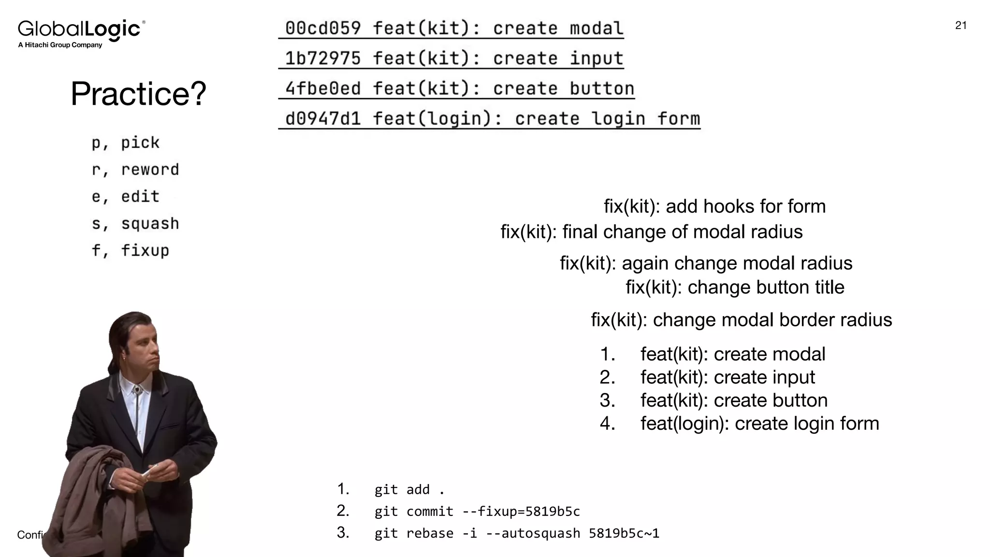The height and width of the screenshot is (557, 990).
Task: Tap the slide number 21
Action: [961, 26]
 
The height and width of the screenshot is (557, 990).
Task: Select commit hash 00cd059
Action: [322, 29]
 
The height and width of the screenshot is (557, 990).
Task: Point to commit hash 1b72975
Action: [322, 59]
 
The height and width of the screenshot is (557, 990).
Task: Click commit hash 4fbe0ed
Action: [322, 88]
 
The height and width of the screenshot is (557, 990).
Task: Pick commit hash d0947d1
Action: [322, 118]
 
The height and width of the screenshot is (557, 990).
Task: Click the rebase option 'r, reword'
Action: [135, 170]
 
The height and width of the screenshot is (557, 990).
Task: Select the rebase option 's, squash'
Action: [135, 224]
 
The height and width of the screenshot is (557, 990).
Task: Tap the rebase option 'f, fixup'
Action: [131, 250]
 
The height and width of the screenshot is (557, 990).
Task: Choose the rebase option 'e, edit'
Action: [126, 197]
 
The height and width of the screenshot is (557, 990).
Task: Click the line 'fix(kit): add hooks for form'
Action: [714, 206]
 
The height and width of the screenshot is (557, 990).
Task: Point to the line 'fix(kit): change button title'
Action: [735, 287]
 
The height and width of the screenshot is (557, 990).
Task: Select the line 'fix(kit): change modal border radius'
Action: [741, 320]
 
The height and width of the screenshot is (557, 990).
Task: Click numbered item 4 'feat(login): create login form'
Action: [759, 424]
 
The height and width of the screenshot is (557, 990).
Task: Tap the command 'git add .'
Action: [409, 490]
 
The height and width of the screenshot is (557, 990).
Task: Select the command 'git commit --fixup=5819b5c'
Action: [477, 512]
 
